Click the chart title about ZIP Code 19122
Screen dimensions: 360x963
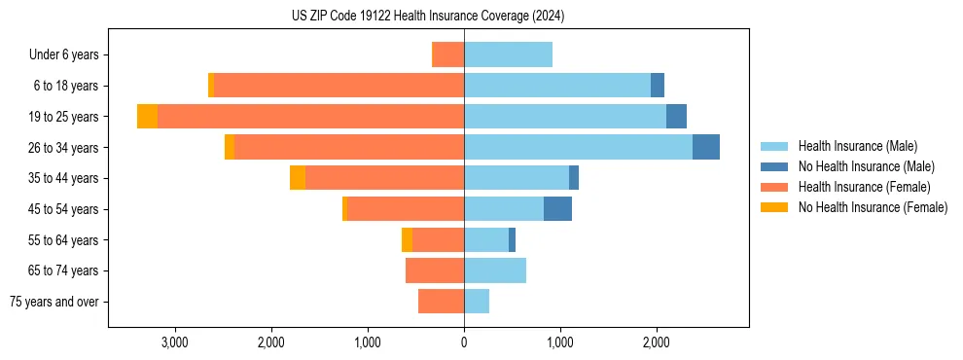428,17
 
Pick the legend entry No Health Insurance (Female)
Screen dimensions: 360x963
873,207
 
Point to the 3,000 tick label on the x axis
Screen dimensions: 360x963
175,343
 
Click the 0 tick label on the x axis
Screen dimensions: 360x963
464,343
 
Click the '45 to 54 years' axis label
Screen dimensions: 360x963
65,209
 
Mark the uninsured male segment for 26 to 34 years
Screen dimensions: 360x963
706,147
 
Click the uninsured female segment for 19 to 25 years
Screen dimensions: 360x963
147,117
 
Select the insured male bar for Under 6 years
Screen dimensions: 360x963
508,54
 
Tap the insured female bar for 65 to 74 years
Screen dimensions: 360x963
435,270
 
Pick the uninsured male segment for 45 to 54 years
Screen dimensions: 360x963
557,209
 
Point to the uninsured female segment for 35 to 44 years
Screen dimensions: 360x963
298,178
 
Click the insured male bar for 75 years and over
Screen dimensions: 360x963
477,302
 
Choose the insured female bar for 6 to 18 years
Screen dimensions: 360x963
339,86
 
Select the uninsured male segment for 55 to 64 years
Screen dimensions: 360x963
512,240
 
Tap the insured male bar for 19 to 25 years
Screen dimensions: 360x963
565,117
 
